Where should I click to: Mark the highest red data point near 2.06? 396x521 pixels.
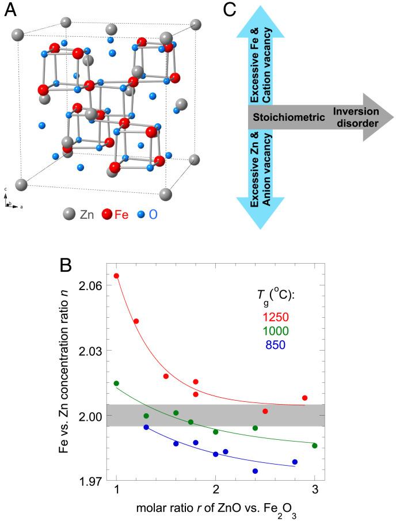pos(116,276)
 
